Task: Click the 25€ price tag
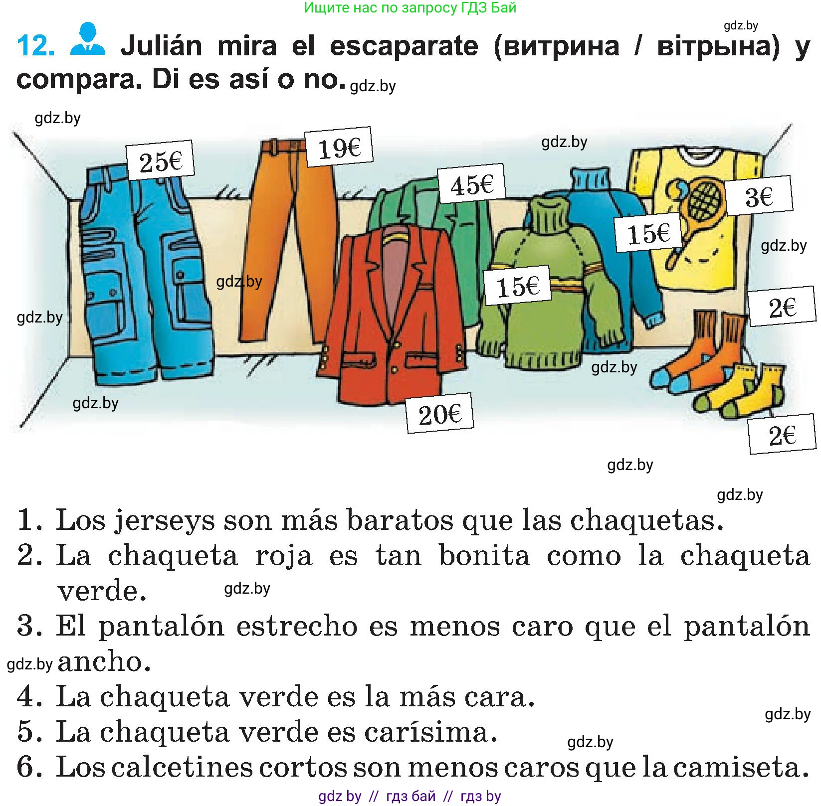click(160, 161)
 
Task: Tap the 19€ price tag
click(339, 147)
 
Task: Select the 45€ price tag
click(471, 184)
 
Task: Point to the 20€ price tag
click(439, 413)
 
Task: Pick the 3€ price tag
click(758, 195)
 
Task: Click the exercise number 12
click(35, 46)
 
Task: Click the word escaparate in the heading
click(404, 46)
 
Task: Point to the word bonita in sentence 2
click(484, 555)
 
